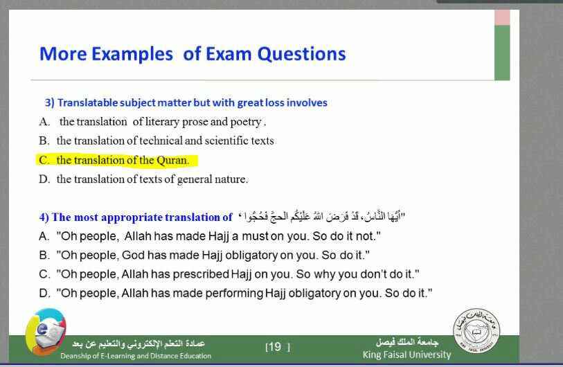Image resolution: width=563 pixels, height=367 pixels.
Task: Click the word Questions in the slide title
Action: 302,54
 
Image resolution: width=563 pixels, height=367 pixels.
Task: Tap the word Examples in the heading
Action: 132,54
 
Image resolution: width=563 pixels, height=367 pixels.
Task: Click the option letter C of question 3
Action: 44,160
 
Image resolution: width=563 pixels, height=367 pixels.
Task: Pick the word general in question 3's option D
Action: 194,179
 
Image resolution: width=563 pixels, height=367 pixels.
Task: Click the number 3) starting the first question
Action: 50,102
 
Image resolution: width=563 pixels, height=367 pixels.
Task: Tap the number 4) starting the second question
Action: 44,217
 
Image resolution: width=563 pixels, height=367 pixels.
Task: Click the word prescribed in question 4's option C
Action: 201,274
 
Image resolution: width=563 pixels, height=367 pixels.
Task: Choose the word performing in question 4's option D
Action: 234,294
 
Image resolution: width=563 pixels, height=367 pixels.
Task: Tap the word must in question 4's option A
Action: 255,236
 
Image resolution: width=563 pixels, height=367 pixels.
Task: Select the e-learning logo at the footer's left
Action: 46,332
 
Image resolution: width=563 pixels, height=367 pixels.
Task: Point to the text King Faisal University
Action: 406,355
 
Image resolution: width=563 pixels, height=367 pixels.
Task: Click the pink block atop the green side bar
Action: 502,17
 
